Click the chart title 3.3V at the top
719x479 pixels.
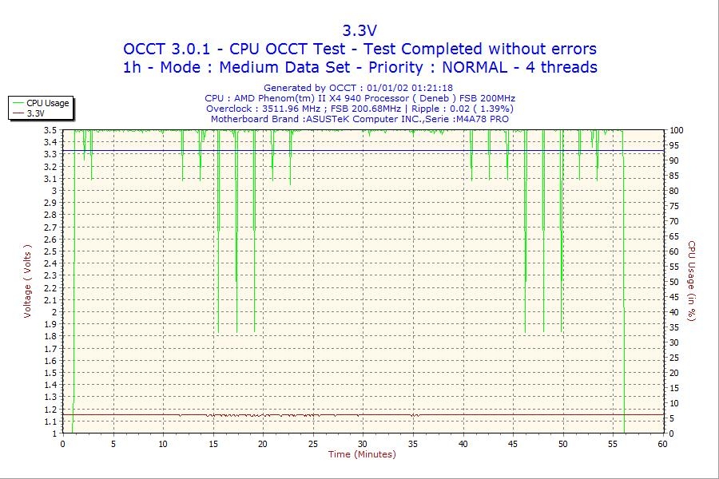[359, 30]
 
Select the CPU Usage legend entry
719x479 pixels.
[48, 103]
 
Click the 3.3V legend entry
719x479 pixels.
[35, 113]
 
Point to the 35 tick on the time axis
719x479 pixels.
[413, 443]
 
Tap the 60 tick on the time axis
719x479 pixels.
[662, 443]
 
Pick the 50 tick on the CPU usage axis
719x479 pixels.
[674, 282]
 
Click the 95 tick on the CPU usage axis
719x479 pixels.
[674, 145]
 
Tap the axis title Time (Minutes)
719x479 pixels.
[362, 455]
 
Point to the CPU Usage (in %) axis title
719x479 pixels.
[692, 281]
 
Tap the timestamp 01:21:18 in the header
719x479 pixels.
[431, 88]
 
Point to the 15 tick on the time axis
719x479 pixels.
[213, 443]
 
